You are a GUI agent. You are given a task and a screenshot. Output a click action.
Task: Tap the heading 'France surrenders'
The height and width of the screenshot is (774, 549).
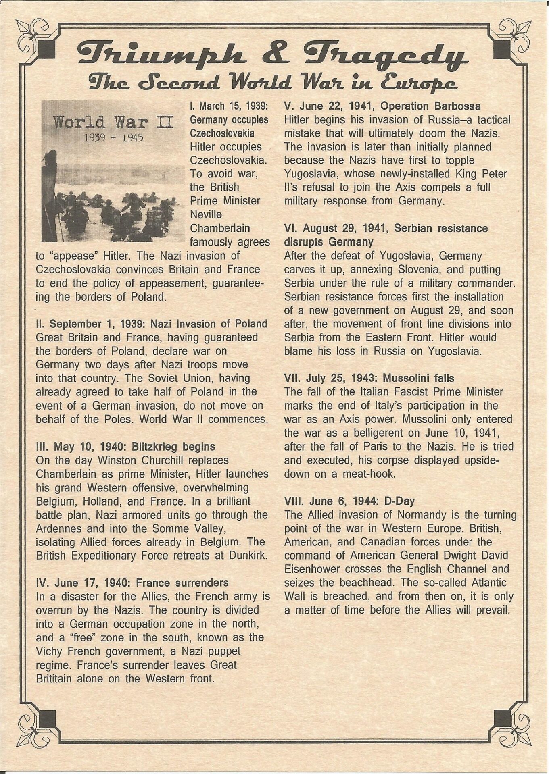click(x=182, y=583)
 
